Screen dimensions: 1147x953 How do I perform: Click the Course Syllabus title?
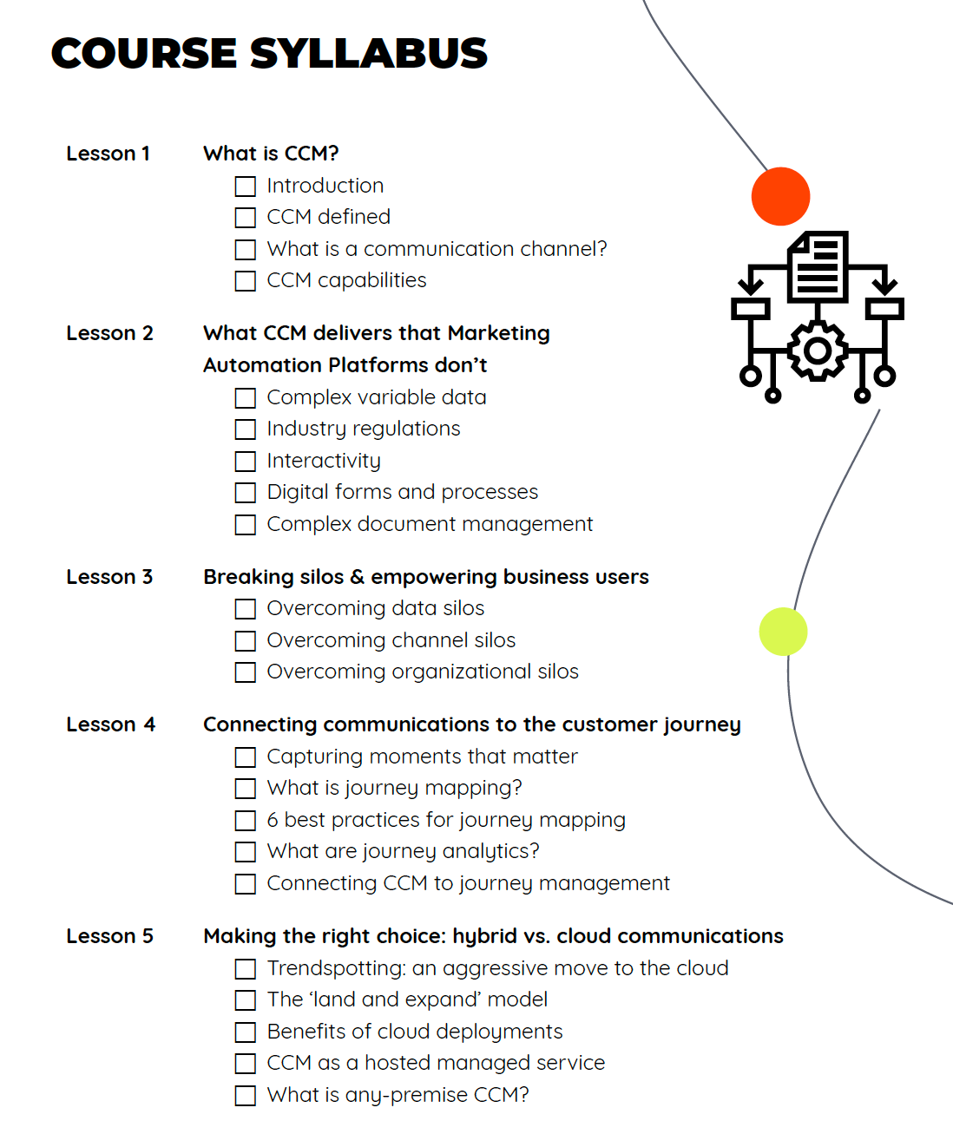coord(269,54)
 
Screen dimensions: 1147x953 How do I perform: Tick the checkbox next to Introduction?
coord(246,187)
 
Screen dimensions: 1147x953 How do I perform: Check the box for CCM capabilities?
coord(246,281)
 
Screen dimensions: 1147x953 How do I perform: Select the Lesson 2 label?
coord(109,333)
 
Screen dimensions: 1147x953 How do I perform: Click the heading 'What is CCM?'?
coord(271,154)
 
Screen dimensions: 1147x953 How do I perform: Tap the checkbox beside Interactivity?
coord(246,462)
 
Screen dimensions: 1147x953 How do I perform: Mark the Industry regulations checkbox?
coord(246,429)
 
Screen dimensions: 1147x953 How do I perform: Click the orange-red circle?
coord(780,196)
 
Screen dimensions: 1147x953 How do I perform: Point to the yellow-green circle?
coord(783,632)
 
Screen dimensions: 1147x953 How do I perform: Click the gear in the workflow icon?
coord(817,351)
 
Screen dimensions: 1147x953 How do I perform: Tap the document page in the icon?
coord(818,266)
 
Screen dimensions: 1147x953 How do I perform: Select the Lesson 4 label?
coord(110,724)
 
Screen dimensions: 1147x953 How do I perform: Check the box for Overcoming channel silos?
coord(246,641)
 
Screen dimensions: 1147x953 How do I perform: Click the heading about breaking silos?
coord(425,577)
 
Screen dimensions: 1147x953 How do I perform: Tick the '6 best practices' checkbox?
coord(246,821)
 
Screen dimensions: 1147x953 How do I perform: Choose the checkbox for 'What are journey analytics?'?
coord(246,852)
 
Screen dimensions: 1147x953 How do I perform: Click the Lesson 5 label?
coord(109,936)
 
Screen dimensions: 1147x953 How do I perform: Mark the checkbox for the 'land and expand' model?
coord(246,1000)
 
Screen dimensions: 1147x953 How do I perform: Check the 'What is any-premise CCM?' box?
coord(246,1096)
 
